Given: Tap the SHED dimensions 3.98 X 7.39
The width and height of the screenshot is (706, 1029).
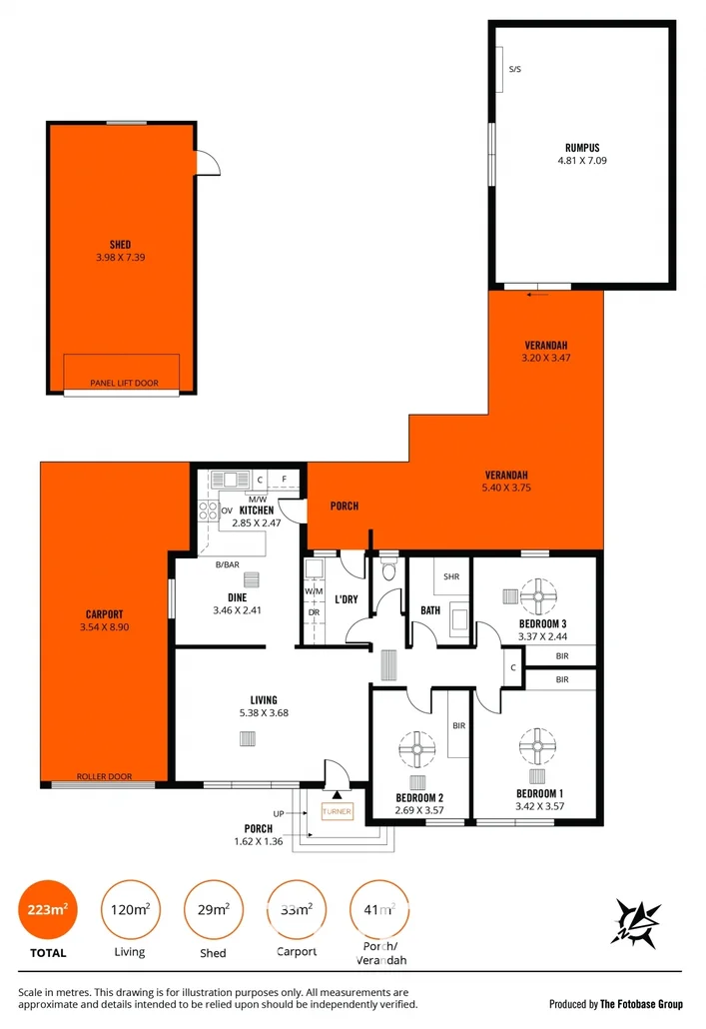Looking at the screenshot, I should pos(120,257).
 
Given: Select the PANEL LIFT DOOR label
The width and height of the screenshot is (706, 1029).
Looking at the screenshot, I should pos(123,383).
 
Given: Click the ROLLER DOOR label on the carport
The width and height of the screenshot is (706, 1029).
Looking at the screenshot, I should pos(104,776).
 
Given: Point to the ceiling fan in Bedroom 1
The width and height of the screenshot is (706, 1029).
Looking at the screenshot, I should pos(536,744).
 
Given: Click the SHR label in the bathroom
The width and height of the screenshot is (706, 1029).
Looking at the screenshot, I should pos(450,576).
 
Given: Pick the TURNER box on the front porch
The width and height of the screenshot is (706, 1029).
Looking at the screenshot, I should pos(337,812).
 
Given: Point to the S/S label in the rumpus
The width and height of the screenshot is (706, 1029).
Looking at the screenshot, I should pos(514,69).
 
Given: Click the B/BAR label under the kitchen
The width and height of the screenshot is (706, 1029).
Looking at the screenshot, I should pos(227,565).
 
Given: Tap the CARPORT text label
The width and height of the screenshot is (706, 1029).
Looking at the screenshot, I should pos(103,614).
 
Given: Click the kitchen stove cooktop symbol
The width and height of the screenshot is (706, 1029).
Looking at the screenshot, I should pos(208,511).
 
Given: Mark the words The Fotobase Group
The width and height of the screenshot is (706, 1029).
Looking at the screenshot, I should pos(641,1003).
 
